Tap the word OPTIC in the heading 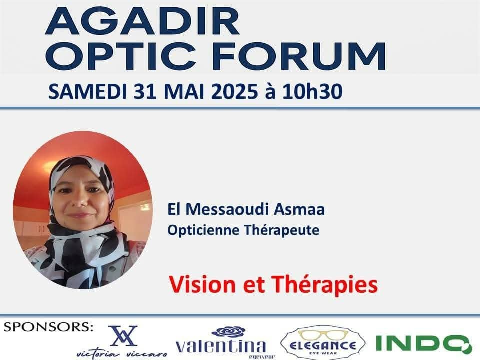tap(121, 56)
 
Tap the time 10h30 tap(312, 92)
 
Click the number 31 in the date tap(145, 92)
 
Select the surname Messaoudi tap(227, 209)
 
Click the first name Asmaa tap(299, 209)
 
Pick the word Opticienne tap(203, 230)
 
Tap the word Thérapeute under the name tap(281, 230)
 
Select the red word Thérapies tap(325, 285)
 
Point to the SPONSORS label tap(48, 327)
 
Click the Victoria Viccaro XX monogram tap(123, 336)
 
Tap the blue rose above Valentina tap(229, 332)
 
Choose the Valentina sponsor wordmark tap(221, 346)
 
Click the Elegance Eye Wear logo tap(322, 342)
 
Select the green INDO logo tap(423, 343)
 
